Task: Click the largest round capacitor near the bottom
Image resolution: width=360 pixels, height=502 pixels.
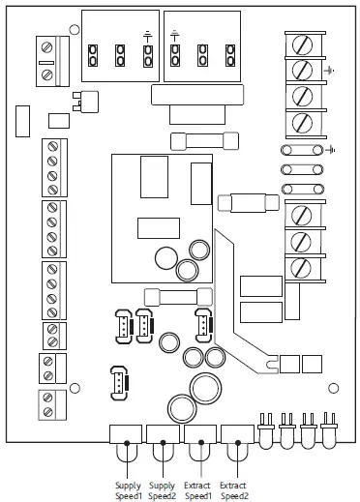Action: pos(206,389)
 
